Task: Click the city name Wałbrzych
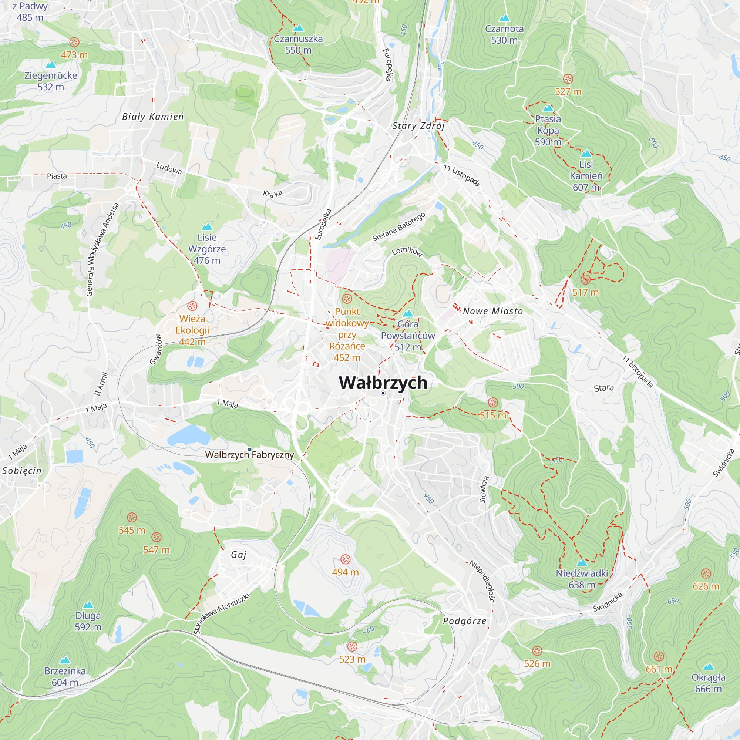(x=383, y=383)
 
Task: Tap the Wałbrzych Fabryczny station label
(x=249, y=455)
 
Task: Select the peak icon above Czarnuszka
(x=298, y=28)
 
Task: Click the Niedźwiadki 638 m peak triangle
(x=582, y=563)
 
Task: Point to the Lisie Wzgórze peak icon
(x=207, y=226)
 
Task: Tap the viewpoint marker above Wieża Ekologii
(x=192, y=306)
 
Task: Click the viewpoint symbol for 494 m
(x=346, y=559)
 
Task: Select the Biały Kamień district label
(x=153, y=117)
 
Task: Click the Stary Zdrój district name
(x=418, y=126)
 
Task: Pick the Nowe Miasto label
(x=492, y=311)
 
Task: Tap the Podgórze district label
(x=465, y=621)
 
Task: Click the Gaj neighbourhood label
(x=239, y=555)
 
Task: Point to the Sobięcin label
(x=22, y=471)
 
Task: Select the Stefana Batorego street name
(x=399, y=227)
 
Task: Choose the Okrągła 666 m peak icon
(x=708, y=666)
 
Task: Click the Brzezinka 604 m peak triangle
(x=65, y=660)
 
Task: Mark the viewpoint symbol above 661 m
(x=659, y=656)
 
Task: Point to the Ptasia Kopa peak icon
(x=548, y=108)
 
